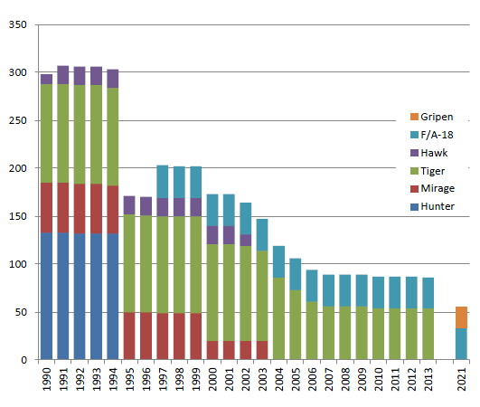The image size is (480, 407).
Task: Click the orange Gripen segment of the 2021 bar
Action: click(461, 317)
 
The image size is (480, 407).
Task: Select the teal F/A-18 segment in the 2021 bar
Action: click(461, 344)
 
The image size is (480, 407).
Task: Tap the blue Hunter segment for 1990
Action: click(46, 296)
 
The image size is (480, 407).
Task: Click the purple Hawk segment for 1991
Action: click(63, 75)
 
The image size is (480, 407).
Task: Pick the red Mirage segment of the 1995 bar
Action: click(129, 336)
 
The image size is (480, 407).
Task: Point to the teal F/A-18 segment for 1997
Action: click(163, 182)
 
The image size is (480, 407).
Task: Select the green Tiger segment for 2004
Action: click(279, 318)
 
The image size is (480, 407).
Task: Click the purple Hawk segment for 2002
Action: click(246, 241)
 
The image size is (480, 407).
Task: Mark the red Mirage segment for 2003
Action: click(262, 350)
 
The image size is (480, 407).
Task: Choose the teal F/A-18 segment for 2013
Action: click(428, 293)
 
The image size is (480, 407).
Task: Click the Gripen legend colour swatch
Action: click(414, 117)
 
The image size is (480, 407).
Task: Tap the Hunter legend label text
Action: click(438, 206)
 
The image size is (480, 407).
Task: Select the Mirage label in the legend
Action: click(438, 188)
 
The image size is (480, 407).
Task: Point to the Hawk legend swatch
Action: click(414, 153)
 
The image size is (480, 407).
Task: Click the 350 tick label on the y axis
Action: click(18, 24)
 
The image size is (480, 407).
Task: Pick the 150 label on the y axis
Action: click(18, 216)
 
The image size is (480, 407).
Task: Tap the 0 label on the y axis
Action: click(24, 360)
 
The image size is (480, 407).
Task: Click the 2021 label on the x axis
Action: click(462, 380)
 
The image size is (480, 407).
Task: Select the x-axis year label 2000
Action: click(212, 380)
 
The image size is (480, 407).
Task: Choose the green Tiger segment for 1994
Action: click(113, 137)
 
